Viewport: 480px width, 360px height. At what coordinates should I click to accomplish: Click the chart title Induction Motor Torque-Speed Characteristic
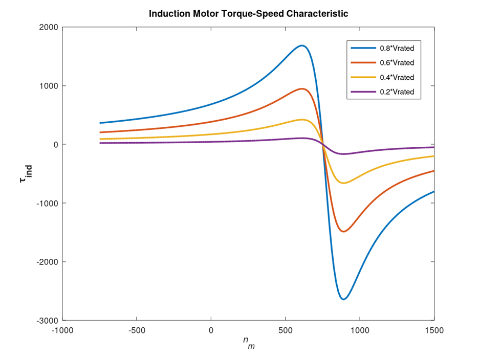[x=248, y=14]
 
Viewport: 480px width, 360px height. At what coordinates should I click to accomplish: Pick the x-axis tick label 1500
[x=434, y=331]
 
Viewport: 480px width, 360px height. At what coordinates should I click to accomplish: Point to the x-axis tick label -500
[x=137, y=331]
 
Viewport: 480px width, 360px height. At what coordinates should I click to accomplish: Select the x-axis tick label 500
[x=286, y=331]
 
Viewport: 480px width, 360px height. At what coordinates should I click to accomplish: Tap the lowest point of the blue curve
[x=343, y=299]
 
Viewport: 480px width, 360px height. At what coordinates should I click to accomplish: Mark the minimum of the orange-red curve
[x=343, y=232]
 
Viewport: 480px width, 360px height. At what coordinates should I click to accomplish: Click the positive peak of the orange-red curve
[x=302, y=89]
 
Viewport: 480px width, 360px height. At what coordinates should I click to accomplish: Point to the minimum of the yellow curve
[x=343, y=183]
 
